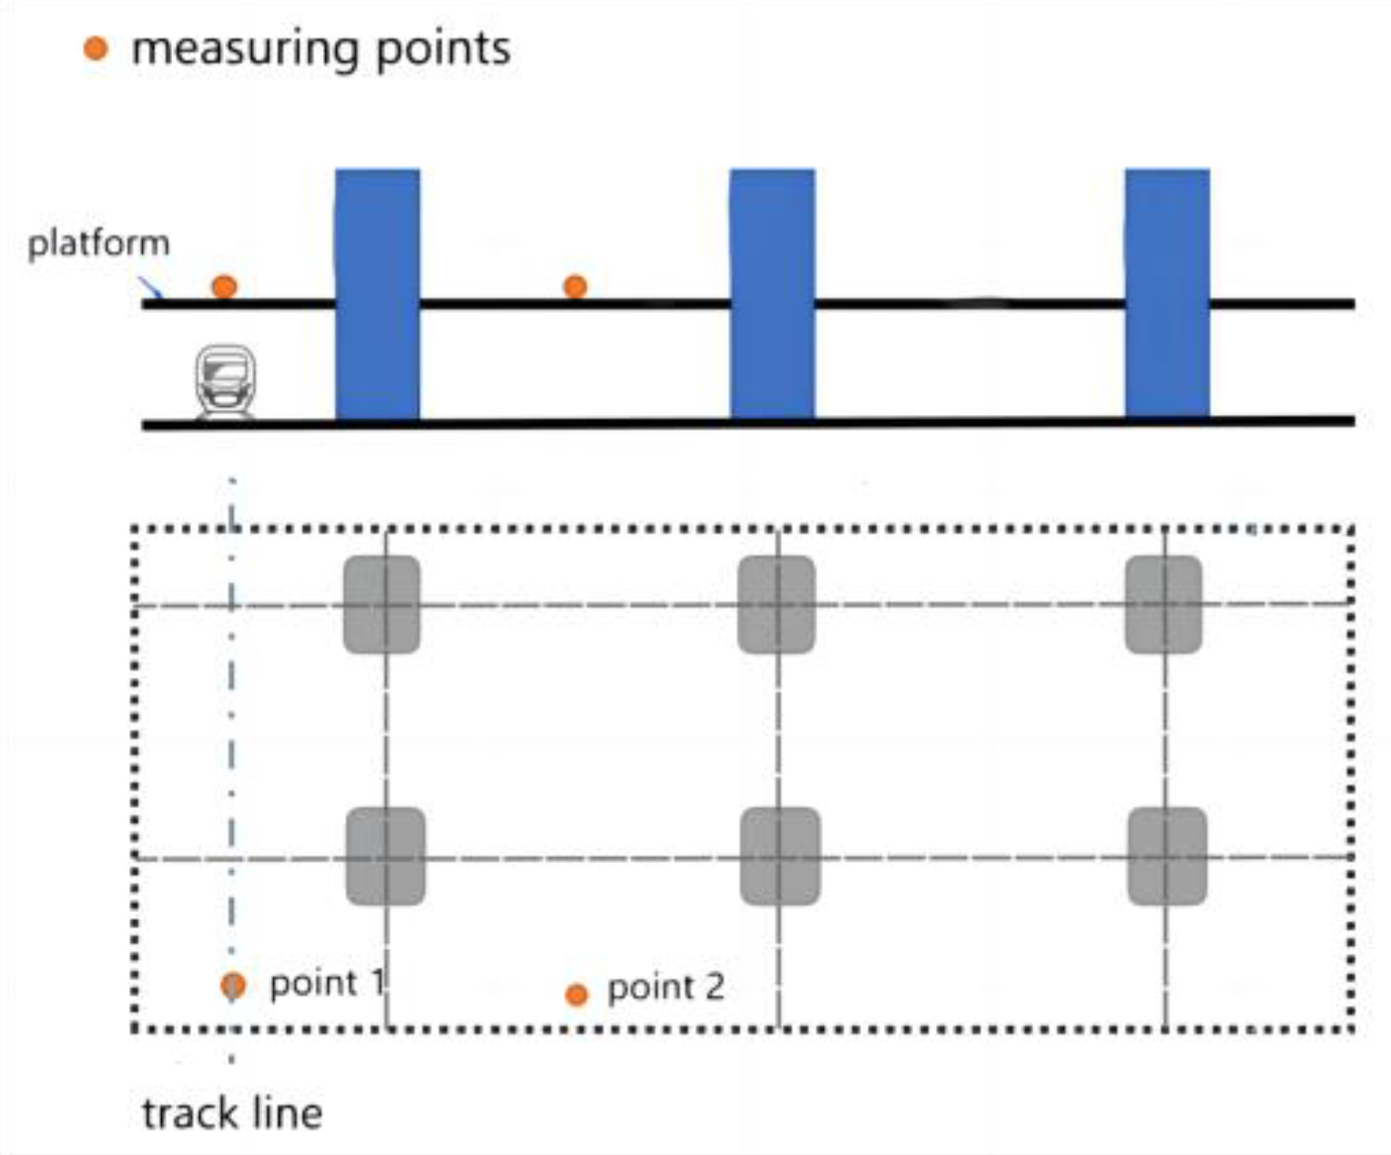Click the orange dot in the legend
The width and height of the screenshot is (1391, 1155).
point(96,48)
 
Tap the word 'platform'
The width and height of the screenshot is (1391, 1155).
point(98,244)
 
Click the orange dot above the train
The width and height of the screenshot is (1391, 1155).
point(224,287)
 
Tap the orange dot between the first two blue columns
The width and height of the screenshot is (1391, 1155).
point(574,287)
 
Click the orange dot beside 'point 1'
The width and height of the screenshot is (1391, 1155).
point(233,985)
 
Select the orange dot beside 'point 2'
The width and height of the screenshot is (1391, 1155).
point(576,994)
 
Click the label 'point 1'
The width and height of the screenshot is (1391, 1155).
point(327,984)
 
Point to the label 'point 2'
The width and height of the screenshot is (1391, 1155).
point(665,988)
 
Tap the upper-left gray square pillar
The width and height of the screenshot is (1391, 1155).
point(381,604)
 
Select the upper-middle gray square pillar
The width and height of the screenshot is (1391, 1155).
point(776,604)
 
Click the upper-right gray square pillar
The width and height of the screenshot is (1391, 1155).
point(1163,604)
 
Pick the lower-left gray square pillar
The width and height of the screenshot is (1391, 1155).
point(385,856)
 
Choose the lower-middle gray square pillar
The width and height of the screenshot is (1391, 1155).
point(779,856)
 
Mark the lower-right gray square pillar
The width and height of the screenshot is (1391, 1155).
point(1167,856)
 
